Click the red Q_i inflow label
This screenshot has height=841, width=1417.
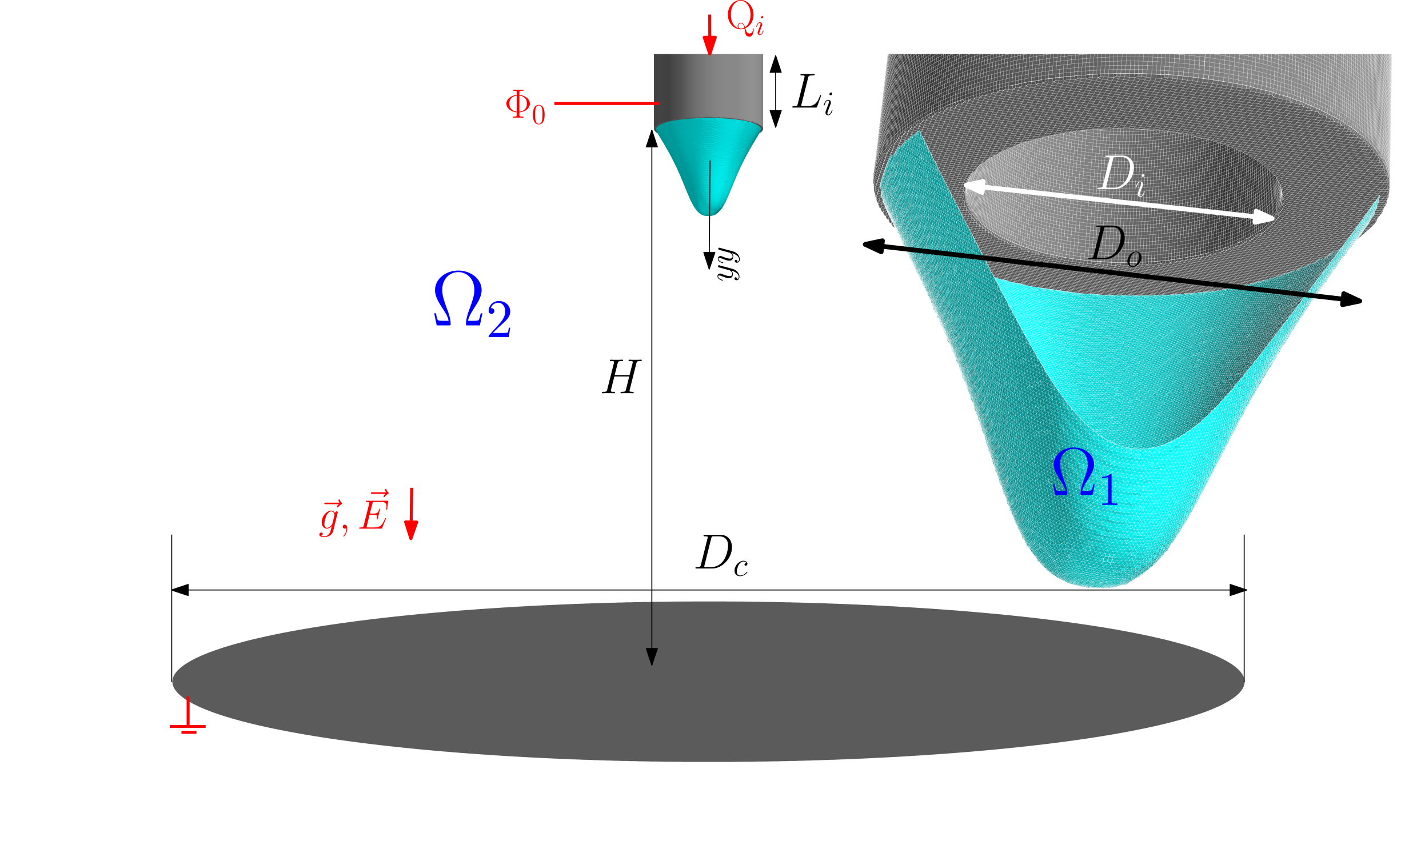745,19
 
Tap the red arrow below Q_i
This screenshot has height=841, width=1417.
709,35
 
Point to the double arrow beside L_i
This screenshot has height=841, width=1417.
776,91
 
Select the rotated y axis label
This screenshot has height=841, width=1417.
729,264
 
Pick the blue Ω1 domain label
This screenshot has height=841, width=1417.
1085,476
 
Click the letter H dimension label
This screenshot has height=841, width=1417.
621,377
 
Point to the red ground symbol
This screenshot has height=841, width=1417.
187,715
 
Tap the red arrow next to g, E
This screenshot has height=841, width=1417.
411,514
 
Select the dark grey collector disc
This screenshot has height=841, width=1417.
708,682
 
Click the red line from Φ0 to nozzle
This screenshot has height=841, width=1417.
606,103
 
